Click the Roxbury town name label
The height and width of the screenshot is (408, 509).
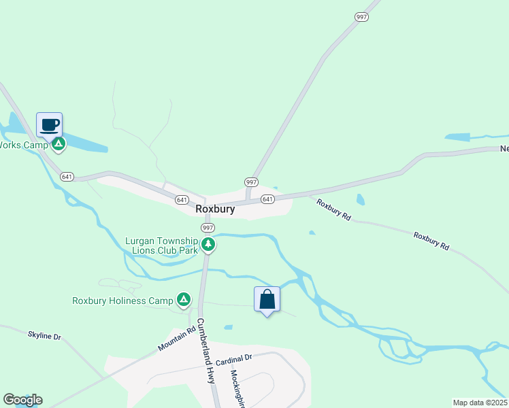(215, 209)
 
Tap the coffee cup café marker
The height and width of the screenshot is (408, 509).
(50, 125)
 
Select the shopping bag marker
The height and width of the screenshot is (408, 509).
(267, 299)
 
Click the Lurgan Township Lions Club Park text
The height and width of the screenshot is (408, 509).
(161, 245)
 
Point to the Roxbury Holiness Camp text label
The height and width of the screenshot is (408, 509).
(122, 300)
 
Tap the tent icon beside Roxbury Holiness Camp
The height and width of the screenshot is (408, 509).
(183, 299)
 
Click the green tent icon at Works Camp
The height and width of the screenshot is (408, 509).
(59, 144)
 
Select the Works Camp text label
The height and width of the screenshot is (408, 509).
(24, 145)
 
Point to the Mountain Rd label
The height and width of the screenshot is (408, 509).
(176, 338)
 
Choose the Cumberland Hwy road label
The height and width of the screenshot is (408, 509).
(206, 351)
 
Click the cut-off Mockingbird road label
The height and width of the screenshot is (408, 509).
(237, 388)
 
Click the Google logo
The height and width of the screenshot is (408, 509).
(22, 400)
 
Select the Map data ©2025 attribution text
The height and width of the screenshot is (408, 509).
(480, 403)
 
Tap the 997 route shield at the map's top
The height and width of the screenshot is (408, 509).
(361, 16)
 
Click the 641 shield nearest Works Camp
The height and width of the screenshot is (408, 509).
(67, 177)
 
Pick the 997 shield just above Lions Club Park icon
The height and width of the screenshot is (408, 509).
(208, 228)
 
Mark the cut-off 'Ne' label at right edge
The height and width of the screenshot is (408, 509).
(504, 149)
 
